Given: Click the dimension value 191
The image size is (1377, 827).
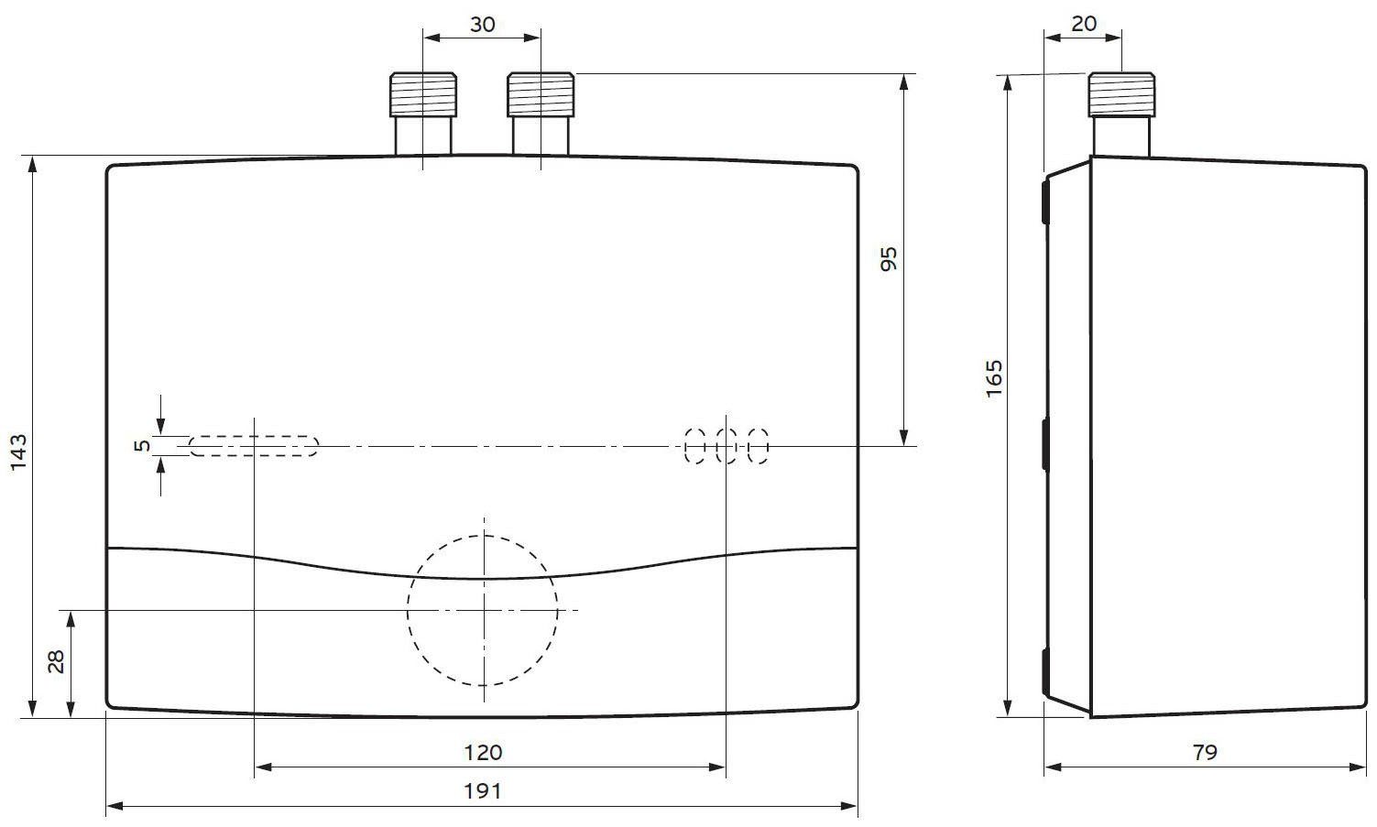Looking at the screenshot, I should coord(483,790).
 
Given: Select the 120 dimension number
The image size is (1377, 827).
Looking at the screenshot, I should coord(483,752).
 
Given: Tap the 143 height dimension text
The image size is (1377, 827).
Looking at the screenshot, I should coord(19,452).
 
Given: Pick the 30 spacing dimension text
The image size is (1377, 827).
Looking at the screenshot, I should coord(482,25).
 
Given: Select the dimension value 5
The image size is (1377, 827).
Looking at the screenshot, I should coord(141,446).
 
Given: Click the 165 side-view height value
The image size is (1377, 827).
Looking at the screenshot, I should coord(994,378).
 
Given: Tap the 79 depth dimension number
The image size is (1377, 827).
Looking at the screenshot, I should coord(1205,752).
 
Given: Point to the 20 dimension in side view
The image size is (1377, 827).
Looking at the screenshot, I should coord(1084,24).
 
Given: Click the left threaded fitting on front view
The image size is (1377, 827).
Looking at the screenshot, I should coord(423,94).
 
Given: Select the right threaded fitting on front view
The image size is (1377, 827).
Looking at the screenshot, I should coord(541,94).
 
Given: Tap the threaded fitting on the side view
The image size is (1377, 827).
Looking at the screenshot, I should coord(1121,94).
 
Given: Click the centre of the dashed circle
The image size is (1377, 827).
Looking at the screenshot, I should coord(483,610).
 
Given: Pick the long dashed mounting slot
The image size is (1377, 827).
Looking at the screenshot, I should coord(254,446).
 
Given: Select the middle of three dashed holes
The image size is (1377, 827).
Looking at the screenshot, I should coord(727,446).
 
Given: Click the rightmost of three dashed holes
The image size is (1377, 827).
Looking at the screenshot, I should coord(758,446).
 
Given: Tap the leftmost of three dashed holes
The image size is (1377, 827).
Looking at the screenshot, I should coord(695,446).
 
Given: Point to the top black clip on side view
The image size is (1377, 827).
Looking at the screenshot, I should coord(1045,201).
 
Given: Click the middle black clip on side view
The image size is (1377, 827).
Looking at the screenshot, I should coord(1045,444).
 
